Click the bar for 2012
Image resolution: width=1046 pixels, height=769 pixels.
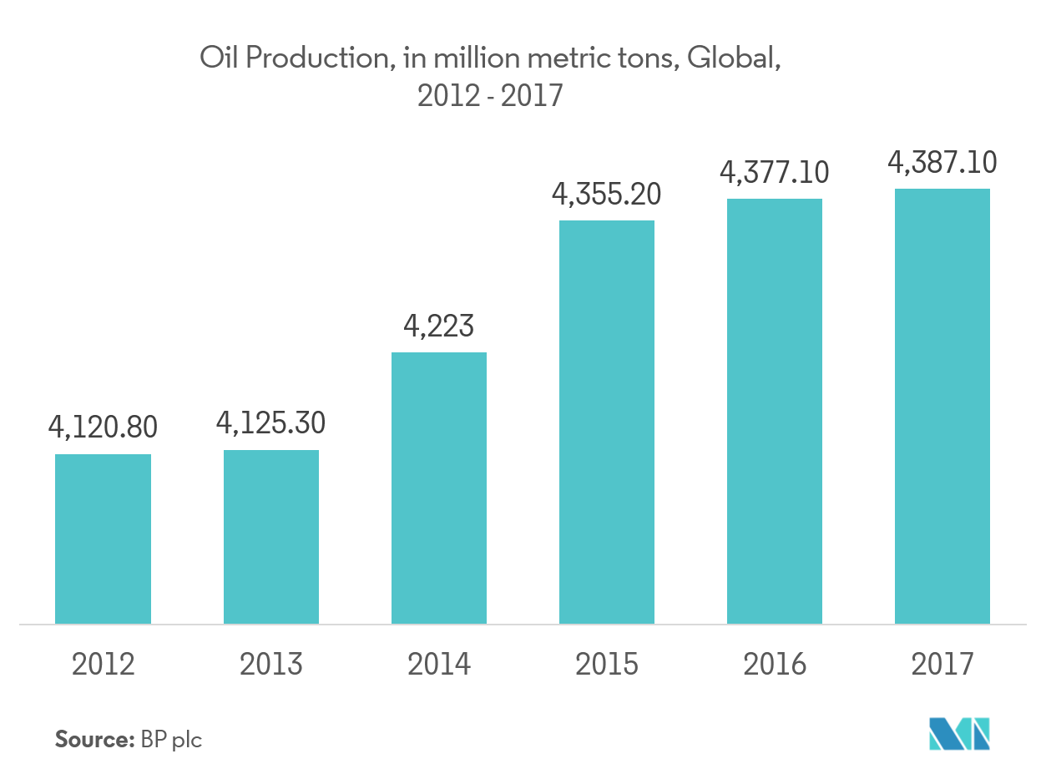103,539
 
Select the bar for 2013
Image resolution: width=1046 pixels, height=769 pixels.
271,537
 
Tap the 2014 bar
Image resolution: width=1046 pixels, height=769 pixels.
439,488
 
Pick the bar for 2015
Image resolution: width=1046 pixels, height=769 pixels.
607,422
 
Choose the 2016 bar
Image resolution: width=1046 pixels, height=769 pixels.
775,411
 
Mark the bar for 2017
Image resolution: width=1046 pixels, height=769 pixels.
942,406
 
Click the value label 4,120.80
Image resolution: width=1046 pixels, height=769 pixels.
103,428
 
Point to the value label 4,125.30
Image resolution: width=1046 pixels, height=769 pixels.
270,422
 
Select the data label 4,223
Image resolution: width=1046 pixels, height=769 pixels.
439,325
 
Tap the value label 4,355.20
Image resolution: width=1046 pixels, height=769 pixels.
607,194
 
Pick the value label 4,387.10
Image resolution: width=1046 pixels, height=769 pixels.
942,162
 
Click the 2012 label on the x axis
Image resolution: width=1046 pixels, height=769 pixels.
104,664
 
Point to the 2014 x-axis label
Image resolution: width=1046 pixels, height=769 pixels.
439,664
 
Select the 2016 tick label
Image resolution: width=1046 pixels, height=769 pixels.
775,664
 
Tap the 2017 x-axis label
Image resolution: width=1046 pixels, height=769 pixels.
942,664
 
